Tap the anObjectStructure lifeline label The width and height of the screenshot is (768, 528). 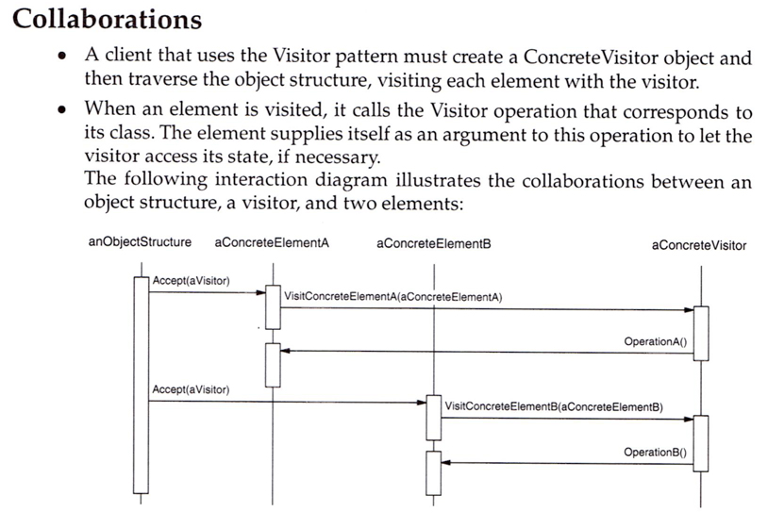coord(140,242)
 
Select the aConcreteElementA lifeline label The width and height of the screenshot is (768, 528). coord(272,243)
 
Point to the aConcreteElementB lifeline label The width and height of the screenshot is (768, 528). coord(433,243)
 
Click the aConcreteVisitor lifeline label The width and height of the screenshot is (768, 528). coord(698,245)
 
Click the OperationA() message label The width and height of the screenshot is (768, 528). coord(656,340)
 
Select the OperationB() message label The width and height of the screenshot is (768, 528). coord(656,452)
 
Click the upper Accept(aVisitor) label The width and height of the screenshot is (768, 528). coord(191,280)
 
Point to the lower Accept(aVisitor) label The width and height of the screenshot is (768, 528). coord(191,389)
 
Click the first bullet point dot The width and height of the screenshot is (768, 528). coord(61,58)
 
